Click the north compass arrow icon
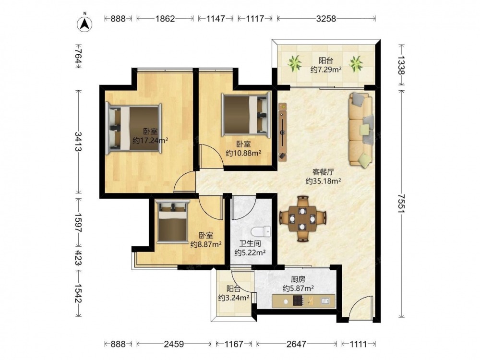tap(85, 23)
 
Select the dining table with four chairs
tap(302, 219)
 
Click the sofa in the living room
tap(361, 131)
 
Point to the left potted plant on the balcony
tap(295, 63)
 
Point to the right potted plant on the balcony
tap(356, 64)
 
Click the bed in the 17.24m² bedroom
tap(133, 128)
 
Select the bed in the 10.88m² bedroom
tap(246, 115)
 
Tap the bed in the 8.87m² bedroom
tap(172, 221)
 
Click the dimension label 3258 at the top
tap(326, 19)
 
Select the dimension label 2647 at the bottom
tap(296, 344)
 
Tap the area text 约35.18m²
tap(323, 181)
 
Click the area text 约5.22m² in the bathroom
tap(250, 253)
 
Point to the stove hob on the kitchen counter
tap(299, 301)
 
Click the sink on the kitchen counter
tap(325, 301)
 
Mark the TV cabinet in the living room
tap(283, 132)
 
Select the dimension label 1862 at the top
tap(165, 19)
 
